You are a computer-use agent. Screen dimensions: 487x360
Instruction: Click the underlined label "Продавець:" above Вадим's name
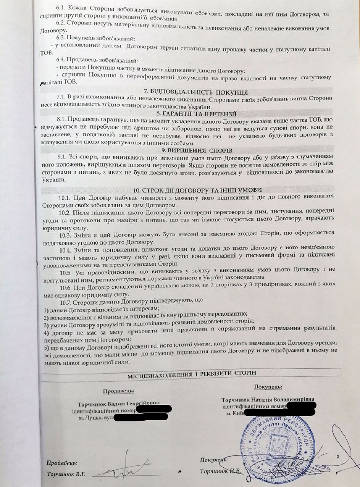coord(118,391)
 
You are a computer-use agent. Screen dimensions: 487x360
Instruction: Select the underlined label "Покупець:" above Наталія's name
coord(268,387)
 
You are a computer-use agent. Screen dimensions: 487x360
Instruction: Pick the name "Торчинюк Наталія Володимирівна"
coord(268,400)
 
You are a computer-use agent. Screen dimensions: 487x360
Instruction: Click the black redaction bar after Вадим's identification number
coord(154,409)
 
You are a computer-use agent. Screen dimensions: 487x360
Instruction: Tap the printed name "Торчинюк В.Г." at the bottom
coord(66,474)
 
